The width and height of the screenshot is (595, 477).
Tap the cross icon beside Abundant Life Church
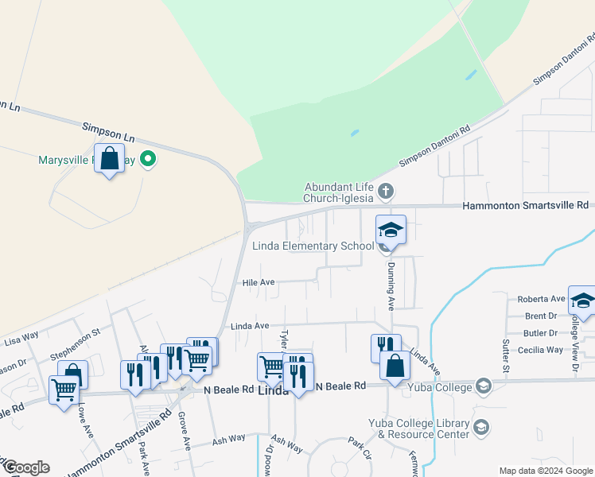[x=386, y=191]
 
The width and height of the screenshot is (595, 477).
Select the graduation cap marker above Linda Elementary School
[x=391, y=231]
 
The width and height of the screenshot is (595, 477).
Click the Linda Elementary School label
[x=313, y=246]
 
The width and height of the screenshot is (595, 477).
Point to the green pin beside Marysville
[x=147, y=160]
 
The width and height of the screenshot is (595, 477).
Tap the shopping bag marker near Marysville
[x=110, y=159]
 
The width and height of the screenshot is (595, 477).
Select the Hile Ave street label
[x=259, y=282]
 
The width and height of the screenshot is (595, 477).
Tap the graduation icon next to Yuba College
[x=481, y=387]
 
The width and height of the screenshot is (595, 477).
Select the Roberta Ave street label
[x=541, y=299]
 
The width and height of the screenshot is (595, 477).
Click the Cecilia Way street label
[x=539, y=350]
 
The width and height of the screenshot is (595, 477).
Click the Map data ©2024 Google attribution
[x=545, y=471]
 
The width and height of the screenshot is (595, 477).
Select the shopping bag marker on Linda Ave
[x=395, y=366]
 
